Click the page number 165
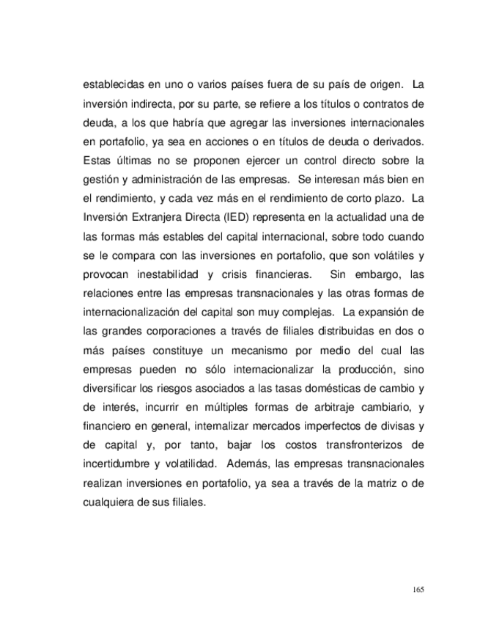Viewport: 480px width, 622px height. coord(418,589)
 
